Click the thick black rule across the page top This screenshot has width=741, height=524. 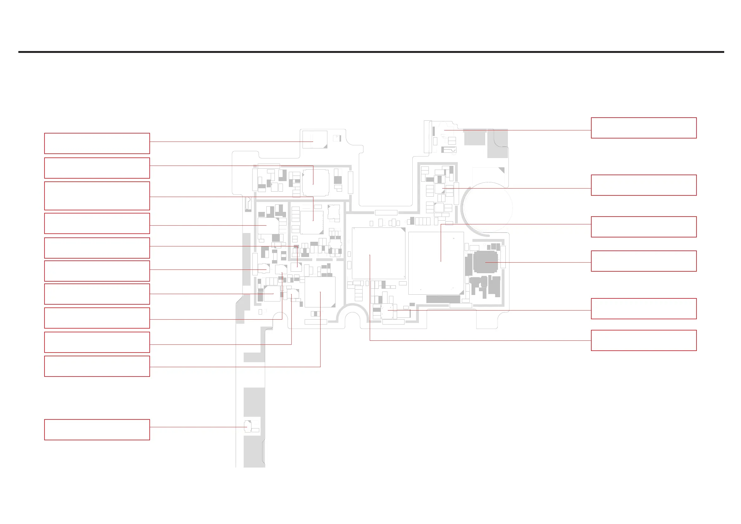pos(371,52)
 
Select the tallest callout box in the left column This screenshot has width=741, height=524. pos(97,196)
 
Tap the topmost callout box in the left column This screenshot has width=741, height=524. pos(97,143)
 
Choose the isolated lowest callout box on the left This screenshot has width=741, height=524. pos(97,429)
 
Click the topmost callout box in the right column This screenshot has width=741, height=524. pos(644,128)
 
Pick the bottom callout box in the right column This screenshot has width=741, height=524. pos(644,340)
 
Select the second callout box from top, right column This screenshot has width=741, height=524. pos(644,185)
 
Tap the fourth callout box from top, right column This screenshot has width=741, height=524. pos(644,261)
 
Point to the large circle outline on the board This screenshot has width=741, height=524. pos(488,207)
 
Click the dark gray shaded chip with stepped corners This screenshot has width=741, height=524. pos(485,262)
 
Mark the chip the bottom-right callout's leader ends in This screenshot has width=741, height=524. pos(378,253)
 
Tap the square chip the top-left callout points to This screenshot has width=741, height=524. pos(315,139)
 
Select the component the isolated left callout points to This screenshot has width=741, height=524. pos(247,426)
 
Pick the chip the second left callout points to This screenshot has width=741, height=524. pos(315,182)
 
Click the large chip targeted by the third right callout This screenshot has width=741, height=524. pos(436,263)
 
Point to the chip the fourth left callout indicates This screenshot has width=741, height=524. pos(268,226)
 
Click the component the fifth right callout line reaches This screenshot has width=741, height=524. pos(387,311)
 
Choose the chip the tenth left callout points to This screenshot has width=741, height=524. pos(320,292)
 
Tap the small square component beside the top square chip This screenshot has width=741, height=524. pos(337,138)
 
